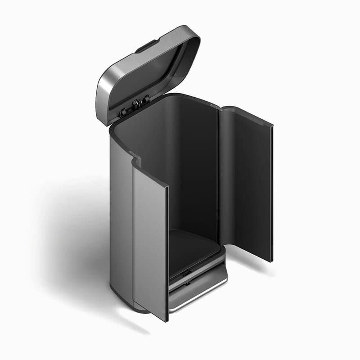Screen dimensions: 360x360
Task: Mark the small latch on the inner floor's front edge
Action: (186, 273)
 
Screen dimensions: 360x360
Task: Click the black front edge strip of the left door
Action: (167, 252)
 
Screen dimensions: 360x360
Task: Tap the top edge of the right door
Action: (247, 115)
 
